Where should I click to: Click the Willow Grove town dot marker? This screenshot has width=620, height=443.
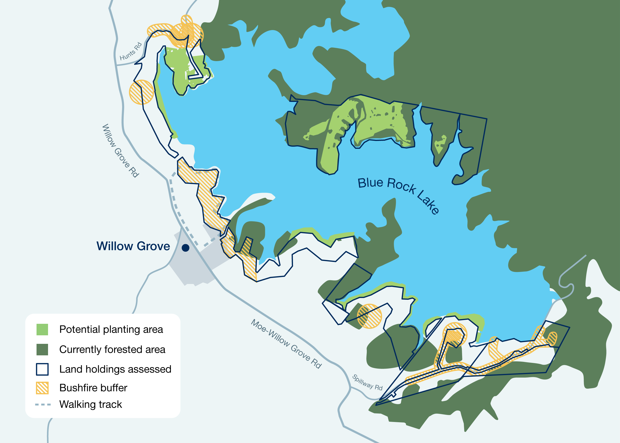(x=186, y=248)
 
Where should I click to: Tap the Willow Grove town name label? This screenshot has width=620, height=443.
(x=133, y=246)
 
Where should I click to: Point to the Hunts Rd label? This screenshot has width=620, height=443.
(x=131, y=51)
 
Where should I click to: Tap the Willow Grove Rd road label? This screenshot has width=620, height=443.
(x=120, y=151)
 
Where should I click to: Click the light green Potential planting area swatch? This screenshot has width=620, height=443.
(x=42, y=330)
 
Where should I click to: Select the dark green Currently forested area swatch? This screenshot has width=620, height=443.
(x=42, y=349)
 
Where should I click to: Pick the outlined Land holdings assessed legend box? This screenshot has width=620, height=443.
(x=42, y=369)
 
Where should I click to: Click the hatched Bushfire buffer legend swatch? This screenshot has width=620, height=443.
(x=42, y=388)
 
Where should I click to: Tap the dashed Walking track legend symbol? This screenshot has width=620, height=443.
(x=43, y=404)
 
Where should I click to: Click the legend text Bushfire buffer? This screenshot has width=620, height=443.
(x=93, y=388)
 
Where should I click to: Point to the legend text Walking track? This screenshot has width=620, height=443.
(x=91, y=404)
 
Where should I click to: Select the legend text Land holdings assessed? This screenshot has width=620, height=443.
(x=115, y=369)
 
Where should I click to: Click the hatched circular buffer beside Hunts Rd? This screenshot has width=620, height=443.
(x=141, y=92)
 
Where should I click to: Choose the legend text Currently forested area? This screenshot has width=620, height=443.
(x=112, y=349)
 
